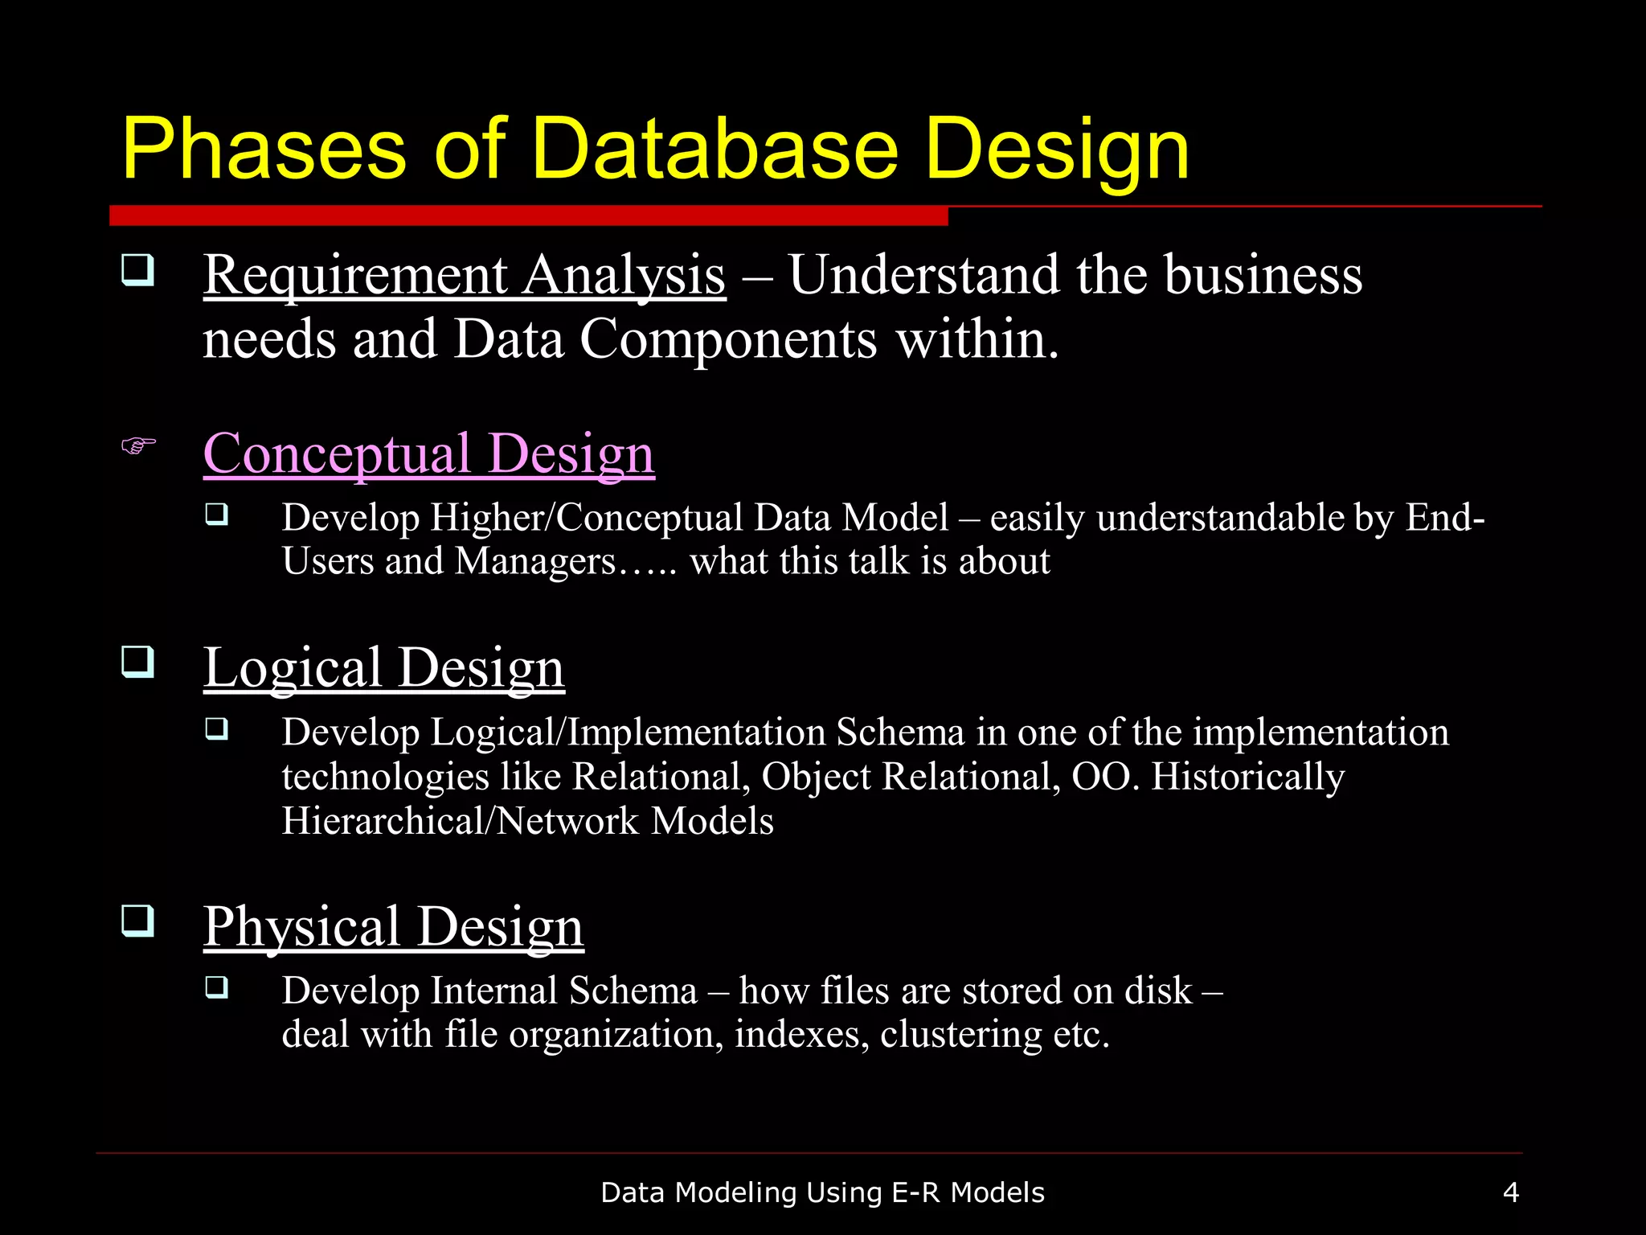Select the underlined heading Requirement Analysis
point(465,276)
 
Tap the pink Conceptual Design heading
point(428,454)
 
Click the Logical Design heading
point(383,668)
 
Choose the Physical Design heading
point(393,927)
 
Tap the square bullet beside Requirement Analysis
point(137,270)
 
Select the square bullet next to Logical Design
point(137,663)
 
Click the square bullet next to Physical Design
point(137,921)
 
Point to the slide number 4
point(1510,1192)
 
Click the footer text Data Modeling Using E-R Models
point(822,1192)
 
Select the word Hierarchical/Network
point(461,821)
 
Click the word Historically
point(1247,777)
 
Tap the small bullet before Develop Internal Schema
point(217,987)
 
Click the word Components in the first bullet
point(728,339)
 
